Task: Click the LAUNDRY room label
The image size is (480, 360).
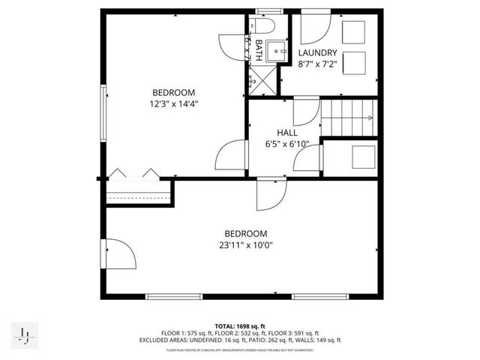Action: coord(318,52)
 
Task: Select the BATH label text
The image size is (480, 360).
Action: coord(259,50)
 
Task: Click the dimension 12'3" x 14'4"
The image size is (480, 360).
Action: coord(173,104)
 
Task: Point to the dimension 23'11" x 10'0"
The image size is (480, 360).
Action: coord(241,244)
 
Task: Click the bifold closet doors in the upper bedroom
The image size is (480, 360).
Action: coord(133,174)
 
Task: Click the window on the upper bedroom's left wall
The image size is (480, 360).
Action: coord(104,106)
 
